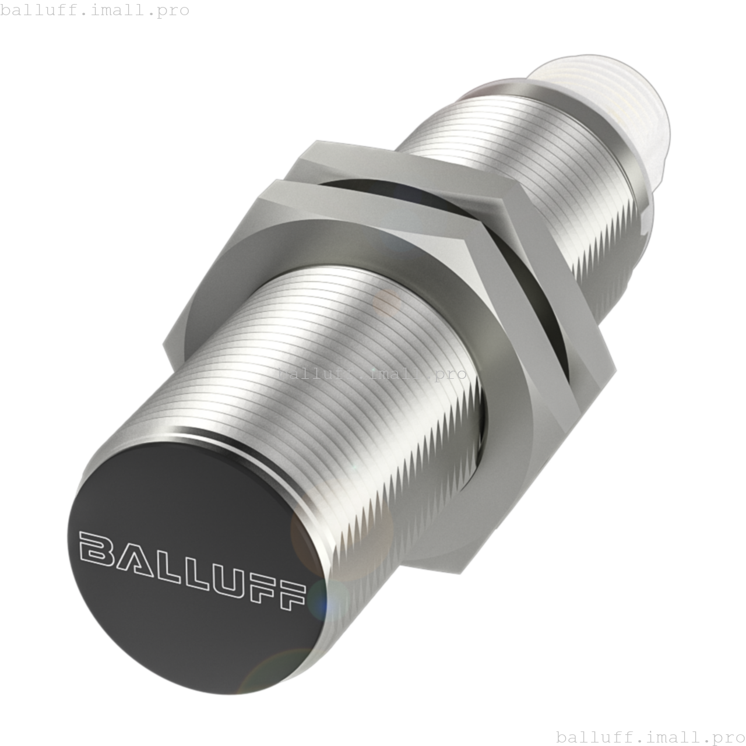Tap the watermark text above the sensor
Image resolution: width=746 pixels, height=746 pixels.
coord(95,10)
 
